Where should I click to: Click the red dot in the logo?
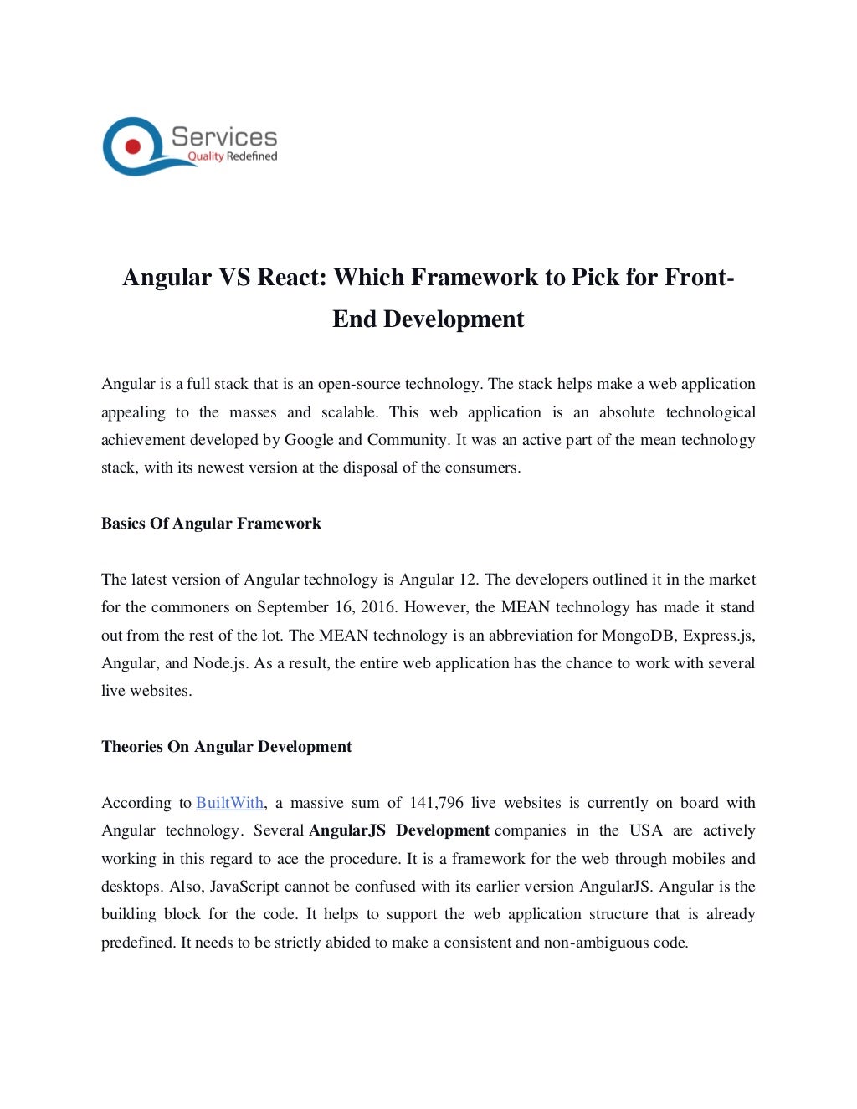[132, 146]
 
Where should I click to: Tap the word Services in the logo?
[224, 137]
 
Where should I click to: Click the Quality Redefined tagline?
[232, 156]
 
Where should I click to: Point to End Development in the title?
[428, 319]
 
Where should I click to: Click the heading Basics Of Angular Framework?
[211, 524]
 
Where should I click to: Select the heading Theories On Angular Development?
[226, 747]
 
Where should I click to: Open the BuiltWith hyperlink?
[229, 803]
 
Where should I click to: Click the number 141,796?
[436, 803]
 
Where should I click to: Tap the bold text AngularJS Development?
[399, 830]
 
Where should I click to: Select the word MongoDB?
[639, 636]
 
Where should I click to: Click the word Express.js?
[719, 636]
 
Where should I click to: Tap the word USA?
[645, 830]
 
